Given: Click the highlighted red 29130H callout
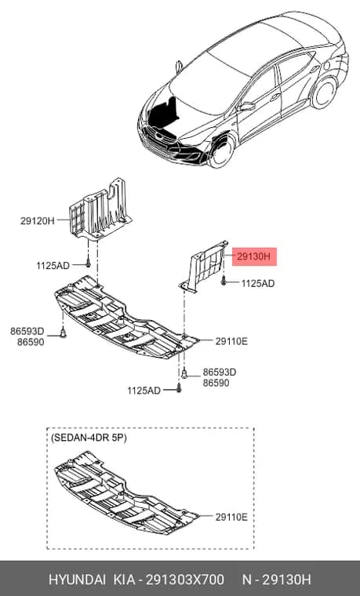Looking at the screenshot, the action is [254, 257].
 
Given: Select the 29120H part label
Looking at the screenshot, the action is [38, 221].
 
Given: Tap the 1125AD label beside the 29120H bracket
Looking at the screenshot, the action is [53, 266].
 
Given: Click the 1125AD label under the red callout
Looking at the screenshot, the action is [258, 284].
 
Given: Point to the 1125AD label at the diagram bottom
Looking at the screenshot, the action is [144, 391].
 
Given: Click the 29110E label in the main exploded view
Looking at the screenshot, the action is [231, 341].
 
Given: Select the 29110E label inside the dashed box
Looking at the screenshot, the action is [231, 517].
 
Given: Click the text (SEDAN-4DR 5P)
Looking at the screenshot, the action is [88, 438].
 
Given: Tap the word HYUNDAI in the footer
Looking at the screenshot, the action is [78, 580].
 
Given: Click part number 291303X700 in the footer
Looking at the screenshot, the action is [185, 580].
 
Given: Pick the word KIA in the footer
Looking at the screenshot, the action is [124, 580].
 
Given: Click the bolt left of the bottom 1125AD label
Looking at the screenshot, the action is [179, 389].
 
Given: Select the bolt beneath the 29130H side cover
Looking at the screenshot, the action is [224, 282].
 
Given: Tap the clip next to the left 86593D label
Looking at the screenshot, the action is [63, 334].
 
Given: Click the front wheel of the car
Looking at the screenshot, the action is [220, 150].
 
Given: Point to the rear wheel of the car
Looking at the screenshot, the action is [323, 93].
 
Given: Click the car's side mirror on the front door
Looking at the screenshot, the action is [247, 106].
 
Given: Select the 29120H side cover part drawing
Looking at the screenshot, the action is [100, 209].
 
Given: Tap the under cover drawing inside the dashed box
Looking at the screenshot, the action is [126, 493].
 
